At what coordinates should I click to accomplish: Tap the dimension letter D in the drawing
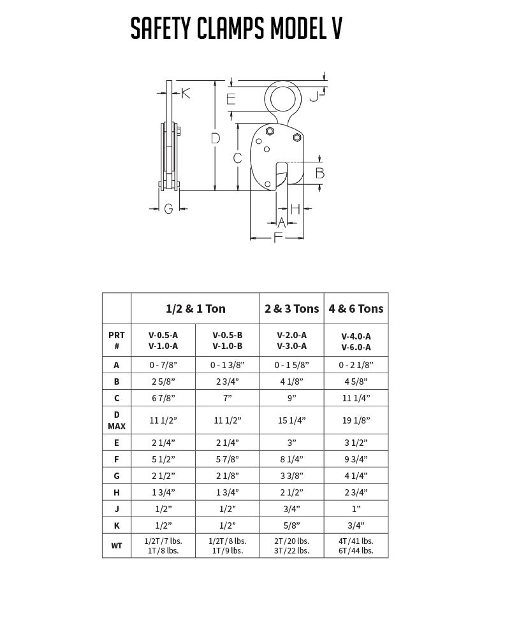click(x=215, y=138)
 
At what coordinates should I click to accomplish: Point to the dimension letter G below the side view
click(x=168, y=208)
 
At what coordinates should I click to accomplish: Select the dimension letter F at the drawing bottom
click(x=277, y=238)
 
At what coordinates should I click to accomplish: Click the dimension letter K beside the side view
click(x=186, y=93)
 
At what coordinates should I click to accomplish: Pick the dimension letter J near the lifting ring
click(x=313, y=97)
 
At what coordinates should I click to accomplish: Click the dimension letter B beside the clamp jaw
click(x=320, y=173)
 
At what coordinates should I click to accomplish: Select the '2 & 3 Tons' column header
click(x=291, y=309)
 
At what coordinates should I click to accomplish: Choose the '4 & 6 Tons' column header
click(x=356, y=309)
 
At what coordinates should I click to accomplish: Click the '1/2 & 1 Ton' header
click(x=195, y=309)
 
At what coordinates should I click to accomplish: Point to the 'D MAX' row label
click(x=117, y=420)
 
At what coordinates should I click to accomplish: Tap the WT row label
click(x=117, y=546)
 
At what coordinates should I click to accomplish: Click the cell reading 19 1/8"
click(x=356, y=420)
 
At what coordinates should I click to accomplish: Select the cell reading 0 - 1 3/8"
click(x=227, y=365)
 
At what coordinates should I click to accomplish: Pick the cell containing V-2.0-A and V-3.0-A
click(x=291, y=341)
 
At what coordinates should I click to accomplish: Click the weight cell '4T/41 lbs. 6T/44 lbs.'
click(x=356, y=546)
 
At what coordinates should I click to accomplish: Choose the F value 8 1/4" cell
click(x=291, y=459)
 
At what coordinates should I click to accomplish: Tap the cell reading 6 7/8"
click(x=163, y=398)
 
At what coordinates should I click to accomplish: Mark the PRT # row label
click(x=117, y=341)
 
